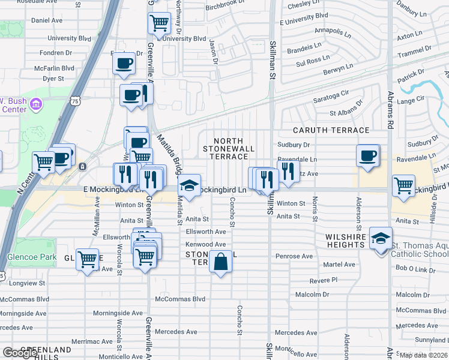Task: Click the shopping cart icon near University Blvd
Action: pos(159,23)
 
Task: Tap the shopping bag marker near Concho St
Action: pos(220,262)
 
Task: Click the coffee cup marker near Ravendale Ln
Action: pos(368,155)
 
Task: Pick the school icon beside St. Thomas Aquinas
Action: pos(380,238)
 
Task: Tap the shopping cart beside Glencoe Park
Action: pos(88,260)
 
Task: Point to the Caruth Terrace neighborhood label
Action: pos(331,130)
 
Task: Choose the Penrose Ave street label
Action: pos(294,256)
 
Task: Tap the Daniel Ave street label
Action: pos(47,20)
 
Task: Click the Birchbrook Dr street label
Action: pos(226,8)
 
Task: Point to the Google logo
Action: pos(20,353)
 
